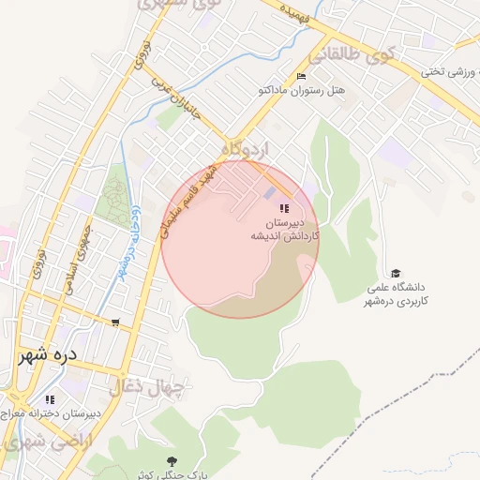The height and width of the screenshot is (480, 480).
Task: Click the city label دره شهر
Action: point(55,357)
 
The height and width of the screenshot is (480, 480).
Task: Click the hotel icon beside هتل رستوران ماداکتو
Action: point(301,77)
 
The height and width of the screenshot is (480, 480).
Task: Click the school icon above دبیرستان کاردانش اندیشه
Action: point(284,207)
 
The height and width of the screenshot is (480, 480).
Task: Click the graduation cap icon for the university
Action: point(396,273)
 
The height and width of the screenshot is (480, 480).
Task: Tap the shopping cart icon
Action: point(115,322)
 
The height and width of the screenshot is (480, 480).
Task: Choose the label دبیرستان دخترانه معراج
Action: point(47,413)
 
